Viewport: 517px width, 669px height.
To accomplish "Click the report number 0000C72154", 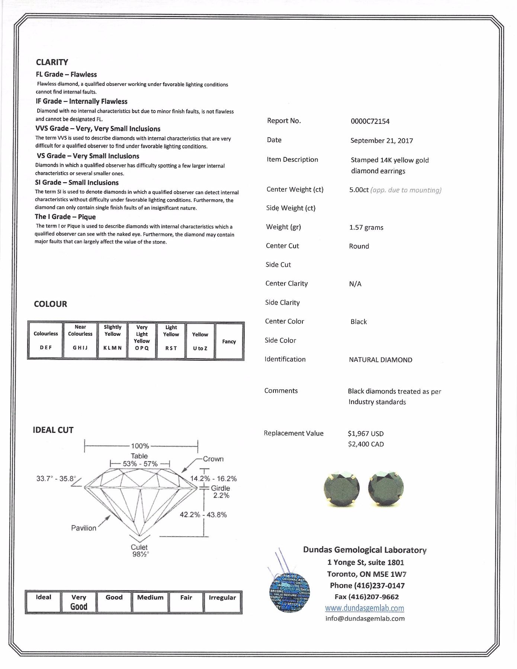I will point(370,121).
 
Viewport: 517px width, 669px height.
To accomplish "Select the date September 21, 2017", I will point(381,141).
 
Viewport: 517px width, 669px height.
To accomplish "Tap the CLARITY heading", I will point(52,62).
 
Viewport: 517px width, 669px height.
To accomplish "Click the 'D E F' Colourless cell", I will point(46,341).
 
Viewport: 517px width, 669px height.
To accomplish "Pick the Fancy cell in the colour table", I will point(229,341).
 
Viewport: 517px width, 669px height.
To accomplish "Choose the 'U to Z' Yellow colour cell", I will point(200,341).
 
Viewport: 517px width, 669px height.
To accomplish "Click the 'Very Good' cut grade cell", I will point(79,602).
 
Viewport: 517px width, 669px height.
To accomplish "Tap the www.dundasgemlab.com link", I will point(365,608).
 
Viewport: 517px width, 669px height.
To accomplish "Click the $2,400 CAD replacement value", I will point(366,444).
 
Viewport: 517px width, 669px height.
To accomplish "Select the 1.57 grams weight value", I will point(366,228).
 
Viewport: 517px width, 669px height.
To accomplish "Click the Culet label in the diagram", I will point(139,547).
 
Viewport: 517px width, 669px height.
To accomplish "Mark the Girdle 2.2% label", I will point(221,492).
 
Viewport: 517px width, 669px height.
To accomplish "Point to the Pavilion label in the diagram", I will point(84,528).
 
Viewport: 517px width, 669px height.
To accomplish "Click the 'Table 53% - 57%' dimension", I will point(140,460).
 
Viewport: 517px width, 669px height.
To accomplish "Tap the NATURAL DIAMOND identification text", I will point(380,360).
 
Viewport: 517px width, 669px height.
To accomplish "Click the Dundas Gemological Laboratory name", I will point(365,550).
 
